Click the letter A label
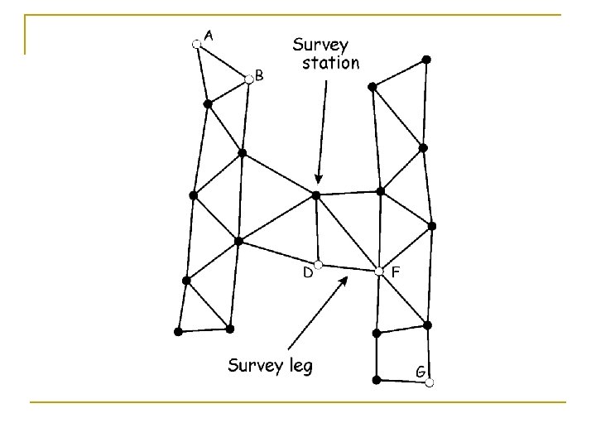[210, 35]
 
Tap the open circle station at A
[196, 44]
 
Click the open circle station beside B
[248, 79]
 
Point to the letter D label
[307, 272]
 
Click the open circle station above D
[319, 264]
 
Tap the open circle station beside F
[378, 271]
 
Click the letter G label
[421, 372]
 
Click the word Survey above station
[322, 44]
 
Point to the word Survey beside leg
[255, 366]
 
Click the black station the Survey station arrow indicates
[315, 195]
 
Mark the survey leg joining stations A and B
[222, 61]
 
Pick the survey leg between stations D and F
[348, 267]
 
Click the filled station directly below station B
[242, 153]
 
